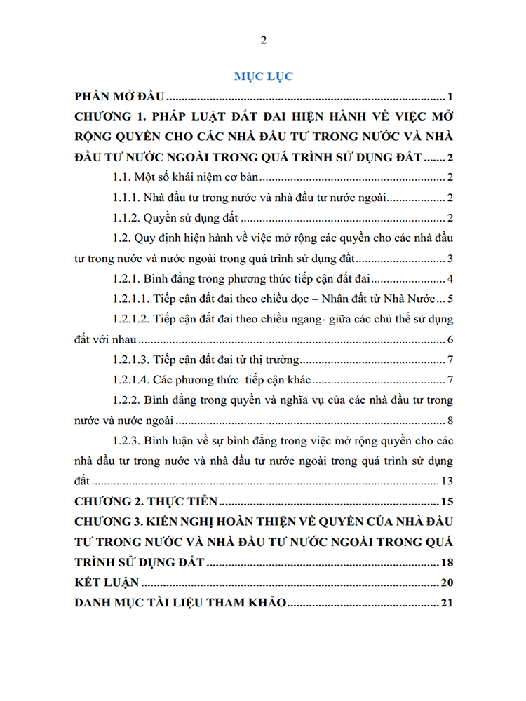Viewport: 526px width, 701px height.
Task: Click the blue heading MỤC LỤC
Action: tap(263, 76)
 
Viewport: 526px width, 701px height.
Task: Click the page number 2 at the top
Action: tap(263, 40)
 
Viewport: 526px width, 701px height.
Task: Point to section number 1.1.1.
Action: tap(126, 198)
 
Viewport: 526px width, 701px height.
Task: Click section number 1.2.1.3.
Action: tap(131, 361)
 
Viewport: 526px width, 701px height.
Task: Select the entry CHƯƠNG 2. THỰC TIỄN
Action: tap(147, 502)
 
